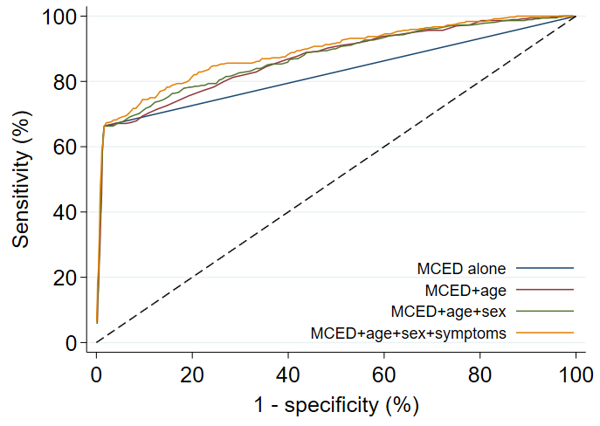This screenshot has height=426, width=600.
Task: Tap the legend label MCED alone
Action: coord(461,268)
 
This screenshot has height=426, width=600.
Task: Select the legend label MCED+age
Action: coord(465,289)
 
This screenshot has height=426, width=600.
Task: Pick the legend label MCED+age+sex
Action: coord(448,311)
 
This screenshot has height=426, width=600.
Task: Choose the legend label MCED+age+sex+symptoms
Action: coord(408,333)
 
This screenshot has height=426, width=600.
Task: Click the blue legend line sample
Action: coord(545,268)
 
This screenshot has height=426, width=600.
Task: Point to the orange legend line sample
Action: coord(545,333)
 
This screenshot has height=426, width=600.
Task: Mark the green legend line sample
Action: coord(545,311)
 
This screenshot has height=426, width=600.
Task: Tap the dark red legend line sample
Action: coord(545,289)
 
